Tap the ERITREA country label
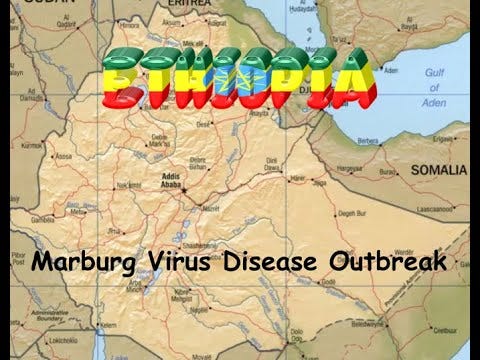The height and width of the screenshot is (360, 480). coord(197,5)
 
